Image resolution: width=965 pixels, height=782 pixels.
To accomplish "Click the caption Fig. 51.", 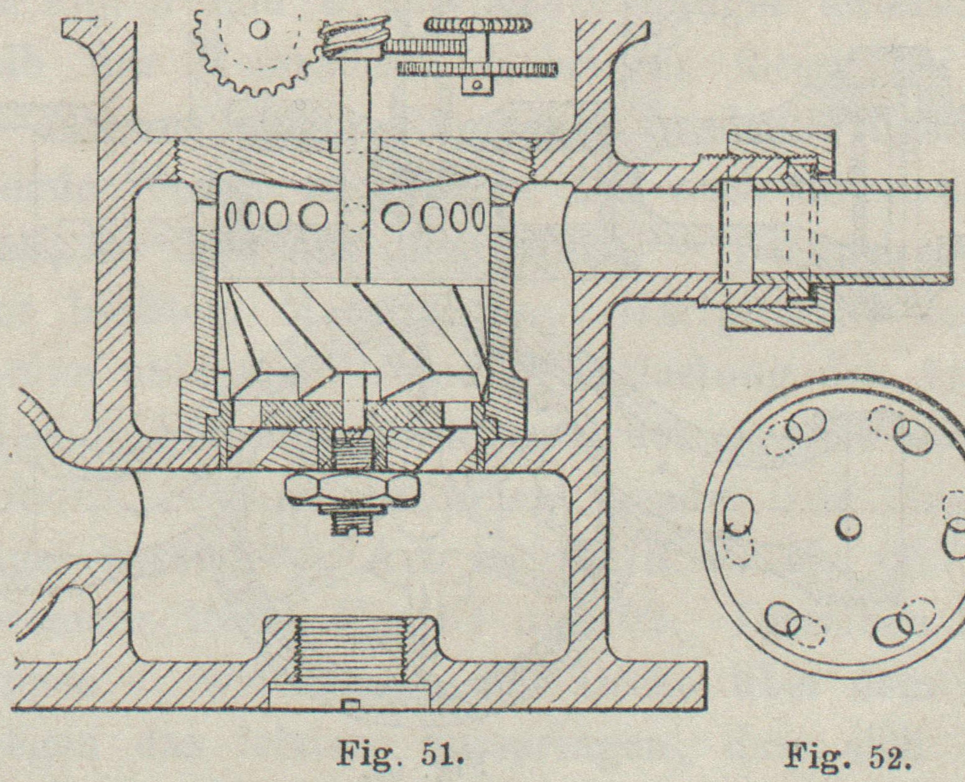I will [x=401, y=755].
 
